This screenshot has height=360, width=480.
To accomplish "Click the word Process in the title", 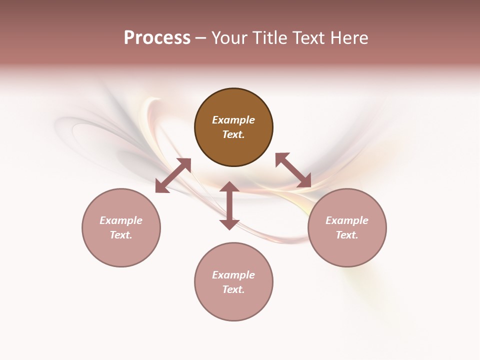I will (x=157, y=38).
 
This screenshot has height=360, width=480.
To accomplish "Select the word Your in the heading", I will (x=228, y=38).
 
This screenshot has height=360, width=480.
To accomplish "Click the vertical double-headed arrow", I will (x=229, y=205).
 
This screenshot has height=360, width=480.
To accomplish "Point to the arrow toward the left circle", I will (x=173, y=175).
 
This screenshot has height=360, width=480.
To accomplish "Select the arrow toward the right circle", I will (x=293, y=170).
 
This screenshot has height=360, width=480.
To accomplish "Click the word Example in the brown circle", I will (x=233, y=120).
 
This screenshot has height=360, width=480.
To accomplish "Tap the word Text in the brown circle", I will (x=232, y=134).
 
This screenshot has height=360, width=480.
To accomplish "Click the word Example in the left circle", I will (x=121, y=220).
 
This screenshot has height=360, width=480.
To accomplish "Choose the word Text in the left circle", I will (x=120, y=235).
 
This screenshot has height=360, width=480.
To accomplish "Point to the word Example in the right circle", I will (x=347, y=220).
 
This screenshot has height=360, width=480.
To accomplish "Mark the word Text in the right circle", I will (x=346, y=235).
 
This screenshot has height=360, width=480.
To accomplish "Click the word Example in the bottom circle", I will (x=233, y=275).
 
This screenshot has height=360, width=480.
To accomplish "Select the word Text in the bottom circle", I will (x=232, y=289).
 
